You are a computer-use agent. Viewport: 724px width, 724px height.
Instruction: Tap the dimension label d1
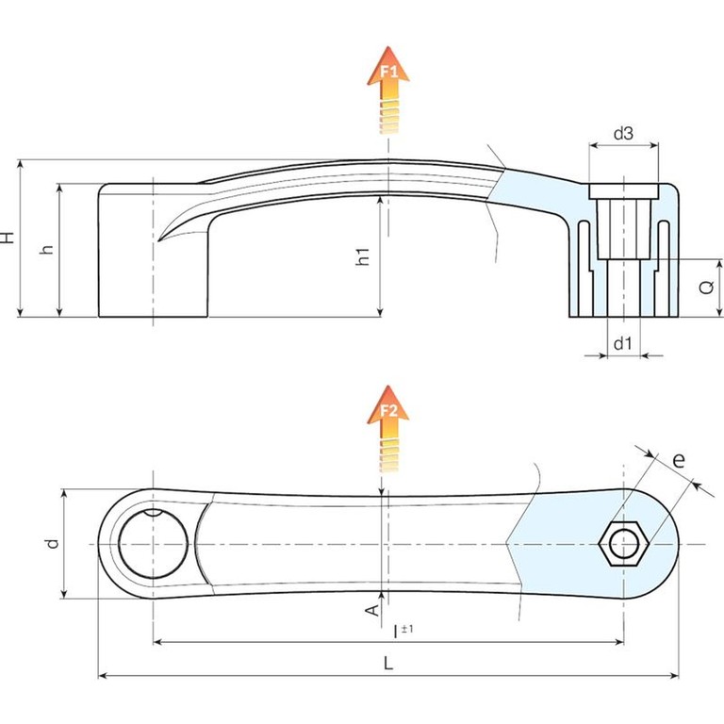tap(622, 344)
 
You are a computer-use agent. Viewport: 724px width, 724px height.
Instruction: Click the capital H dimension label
tap(8, 238)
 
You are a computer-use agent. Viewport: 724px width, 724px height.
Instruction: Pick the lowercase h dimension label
tap(46, 250)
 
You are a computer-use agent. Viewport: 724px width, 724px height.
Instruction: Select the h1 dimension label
tap(364, 255)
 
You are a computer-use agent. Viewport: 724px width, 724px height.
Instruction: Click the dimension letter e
tap(678, 461)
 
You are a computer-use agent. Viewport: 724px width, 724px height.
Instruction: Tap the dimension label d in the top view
tap(53, 543)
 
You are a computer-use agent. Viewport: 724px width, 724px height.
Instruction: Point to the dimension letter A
tap(370, 611)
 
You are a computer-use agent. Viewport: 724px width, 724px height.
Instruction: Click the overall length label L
tap(388, 664)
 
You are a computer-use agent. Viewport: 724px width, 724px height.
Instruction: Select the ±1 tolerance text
tap(407, 628)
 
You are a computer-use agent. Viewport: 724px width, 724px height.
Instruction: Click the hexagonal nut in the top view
tap(623, 543)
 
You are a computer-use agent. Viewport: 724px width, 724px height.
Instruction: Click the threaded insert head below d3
tap(622, 191)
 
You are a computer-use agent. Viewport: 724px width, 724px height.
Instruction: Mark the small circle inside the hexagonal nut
tap(623, 543)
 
